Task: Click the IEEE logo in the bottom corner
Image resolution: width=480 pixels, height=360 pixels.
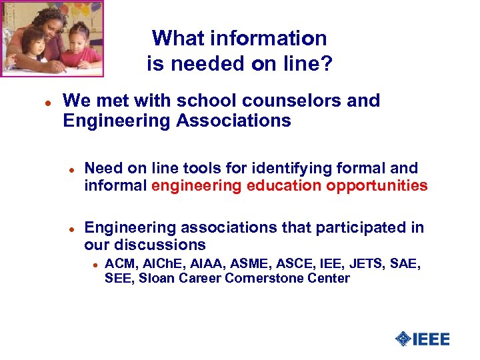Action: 423,339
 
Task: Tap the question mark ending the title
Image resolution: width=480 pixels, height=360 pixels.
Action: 327,64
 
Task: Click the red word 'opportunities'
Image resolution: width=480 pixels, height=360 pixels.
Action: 377,185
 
